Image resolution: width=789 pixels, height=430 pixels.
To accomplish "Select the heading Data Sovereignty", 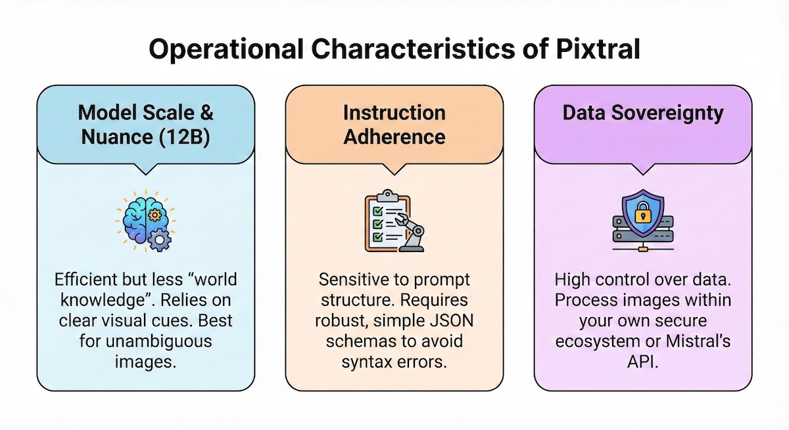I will (642, 113).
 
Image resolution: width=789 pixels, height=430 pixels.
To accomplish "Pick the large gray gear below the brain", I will (160, 240).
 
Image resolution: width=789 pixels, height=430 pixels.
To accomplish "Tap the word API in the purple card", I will (642, 363).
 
